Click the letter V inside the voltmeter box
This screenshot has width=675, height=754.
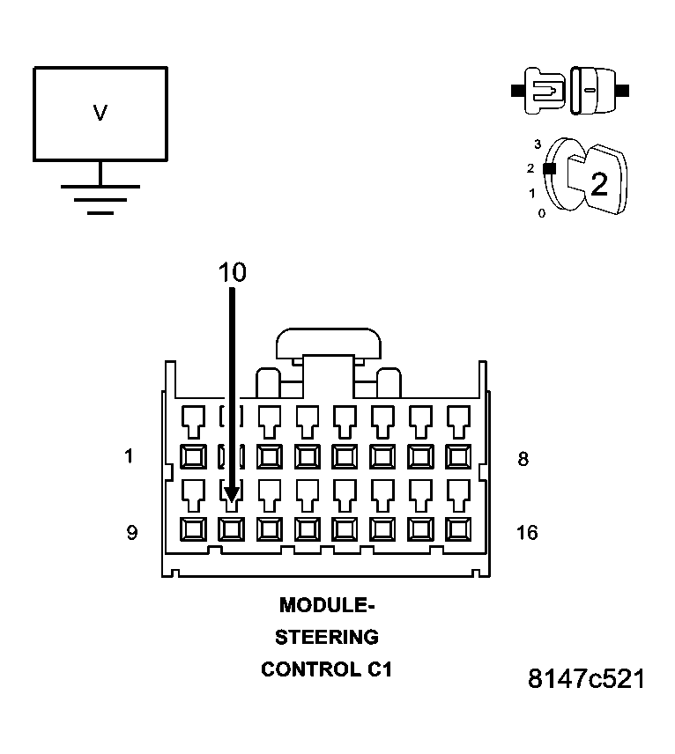100,113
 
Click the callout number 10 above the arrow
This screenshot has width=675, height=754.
233,273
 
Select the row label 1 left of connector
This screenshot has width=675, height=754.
130,456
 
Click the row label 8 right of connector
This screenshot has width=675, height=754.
523,459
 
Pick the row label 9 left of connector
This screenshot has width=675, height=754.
131,532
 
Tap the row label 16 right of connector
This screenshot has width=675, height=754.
527,532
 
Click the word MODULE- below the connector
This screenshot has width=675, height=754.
327,605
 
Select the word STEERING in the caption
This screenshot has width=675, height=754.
327,637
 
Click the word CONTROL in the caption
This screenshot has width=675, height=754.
308,669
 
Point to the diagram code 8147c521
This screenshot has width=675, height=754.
586,679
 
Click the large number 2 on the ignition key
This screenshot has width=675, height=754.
599,184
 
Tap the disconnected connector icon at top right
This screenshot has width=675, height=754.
570,91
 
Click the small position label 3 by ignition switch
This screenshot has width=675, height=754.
538,143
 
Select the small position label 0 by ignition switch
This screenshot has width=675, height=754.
541,213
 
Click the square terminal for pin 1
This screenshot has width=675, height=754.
193,456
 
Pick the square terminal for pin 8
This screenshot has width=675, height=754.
459,456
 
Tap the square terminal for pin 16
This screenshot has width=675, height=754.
459,529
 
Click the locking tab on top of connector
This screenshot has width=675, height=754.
327,344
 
